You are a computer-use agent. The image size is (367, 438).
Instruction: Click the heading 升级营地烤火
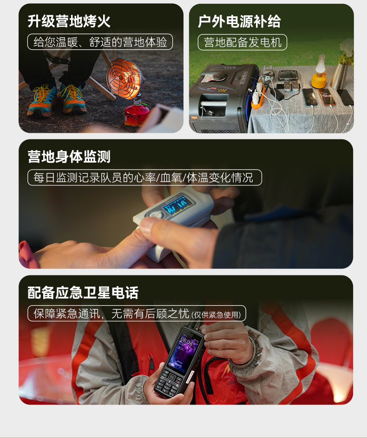(x=69, y=21)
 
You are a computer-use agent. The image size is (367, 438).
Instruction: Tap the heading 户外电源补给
(x=239, y=21)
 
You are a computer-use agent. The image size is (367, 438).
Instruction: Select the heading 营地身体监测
(x=69, y=157)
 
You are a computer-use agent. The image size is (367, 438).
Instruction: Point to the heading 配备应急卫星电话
(x=83, y=293)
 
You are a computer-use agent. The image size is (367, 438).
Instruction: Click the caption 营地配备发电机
(x=242, y=42)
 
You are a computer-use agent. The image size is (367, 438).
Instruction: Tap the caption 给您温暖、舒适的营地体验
(x=100, y=42)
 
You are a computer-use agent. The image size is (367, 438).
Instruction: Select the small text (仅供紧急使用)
(x=216, y=315)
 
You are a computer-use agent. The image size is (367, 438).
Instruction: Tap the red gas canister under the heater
(x=137, y=113)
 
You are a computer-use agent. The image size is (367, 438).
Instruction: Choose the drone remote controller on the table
(x=288, y=75)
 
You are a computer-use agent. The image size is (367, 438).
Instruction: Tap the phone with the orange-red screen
(x=326, y=97)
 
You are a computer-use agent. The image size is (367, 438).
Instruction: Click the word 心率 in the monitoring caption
(x=144, y=177)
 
